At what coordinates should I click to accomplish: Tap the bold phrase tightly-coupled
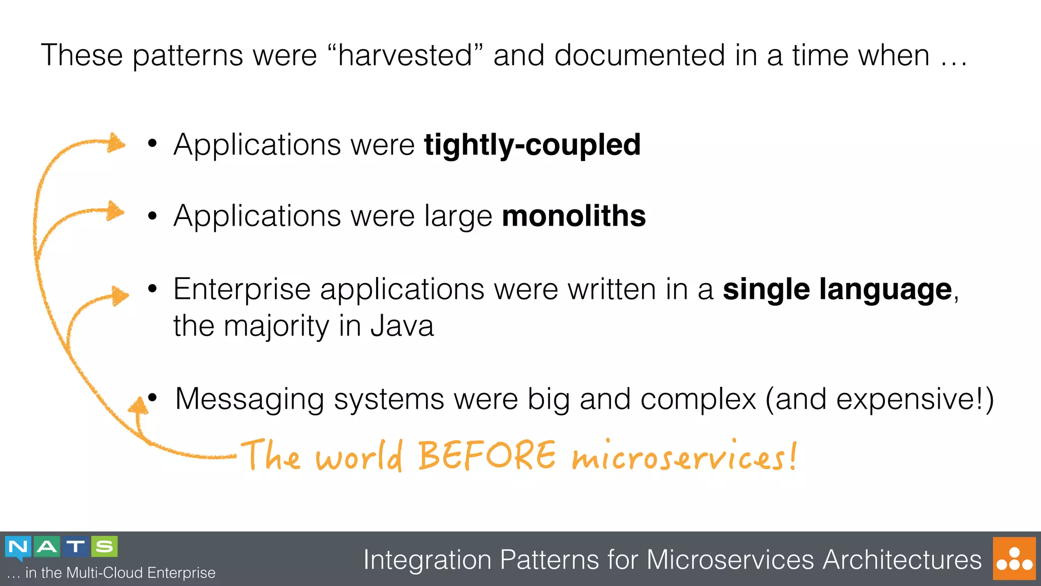(532, 145)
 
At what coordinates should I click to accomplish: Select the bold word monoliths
(574, 216)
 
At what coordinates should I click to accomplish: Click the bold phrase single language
(837, 290)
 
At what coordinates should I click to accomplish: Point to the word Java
(402, 326)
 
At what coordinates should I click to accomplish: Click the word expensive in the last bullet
(909, 399)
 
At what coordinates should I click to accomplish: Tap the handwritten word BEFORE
(487, 455)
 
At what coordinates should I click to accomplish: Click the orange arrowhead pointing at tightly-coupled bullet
(116, 143)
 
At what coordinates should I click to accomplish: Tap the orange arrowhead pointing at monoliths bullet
(115, 211)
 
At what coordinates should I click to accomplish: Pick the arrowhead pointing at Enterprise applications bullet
(120, 295)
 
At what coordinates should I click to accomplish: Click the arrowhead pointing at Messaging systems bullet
(138, 407)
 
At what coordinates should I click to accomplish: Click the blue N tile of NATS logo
(18, 547)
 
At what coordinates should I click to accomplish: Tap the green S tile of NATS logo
(104, 547)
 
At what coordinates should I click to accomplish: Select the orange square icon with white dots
(1014, 559)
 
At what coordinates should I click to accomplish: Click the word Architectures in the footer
(902, 560)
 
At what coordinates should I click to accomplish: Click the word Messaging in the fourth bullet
(250, 399)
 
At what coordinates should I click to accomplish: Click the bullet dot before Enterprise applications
(152, 289)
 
